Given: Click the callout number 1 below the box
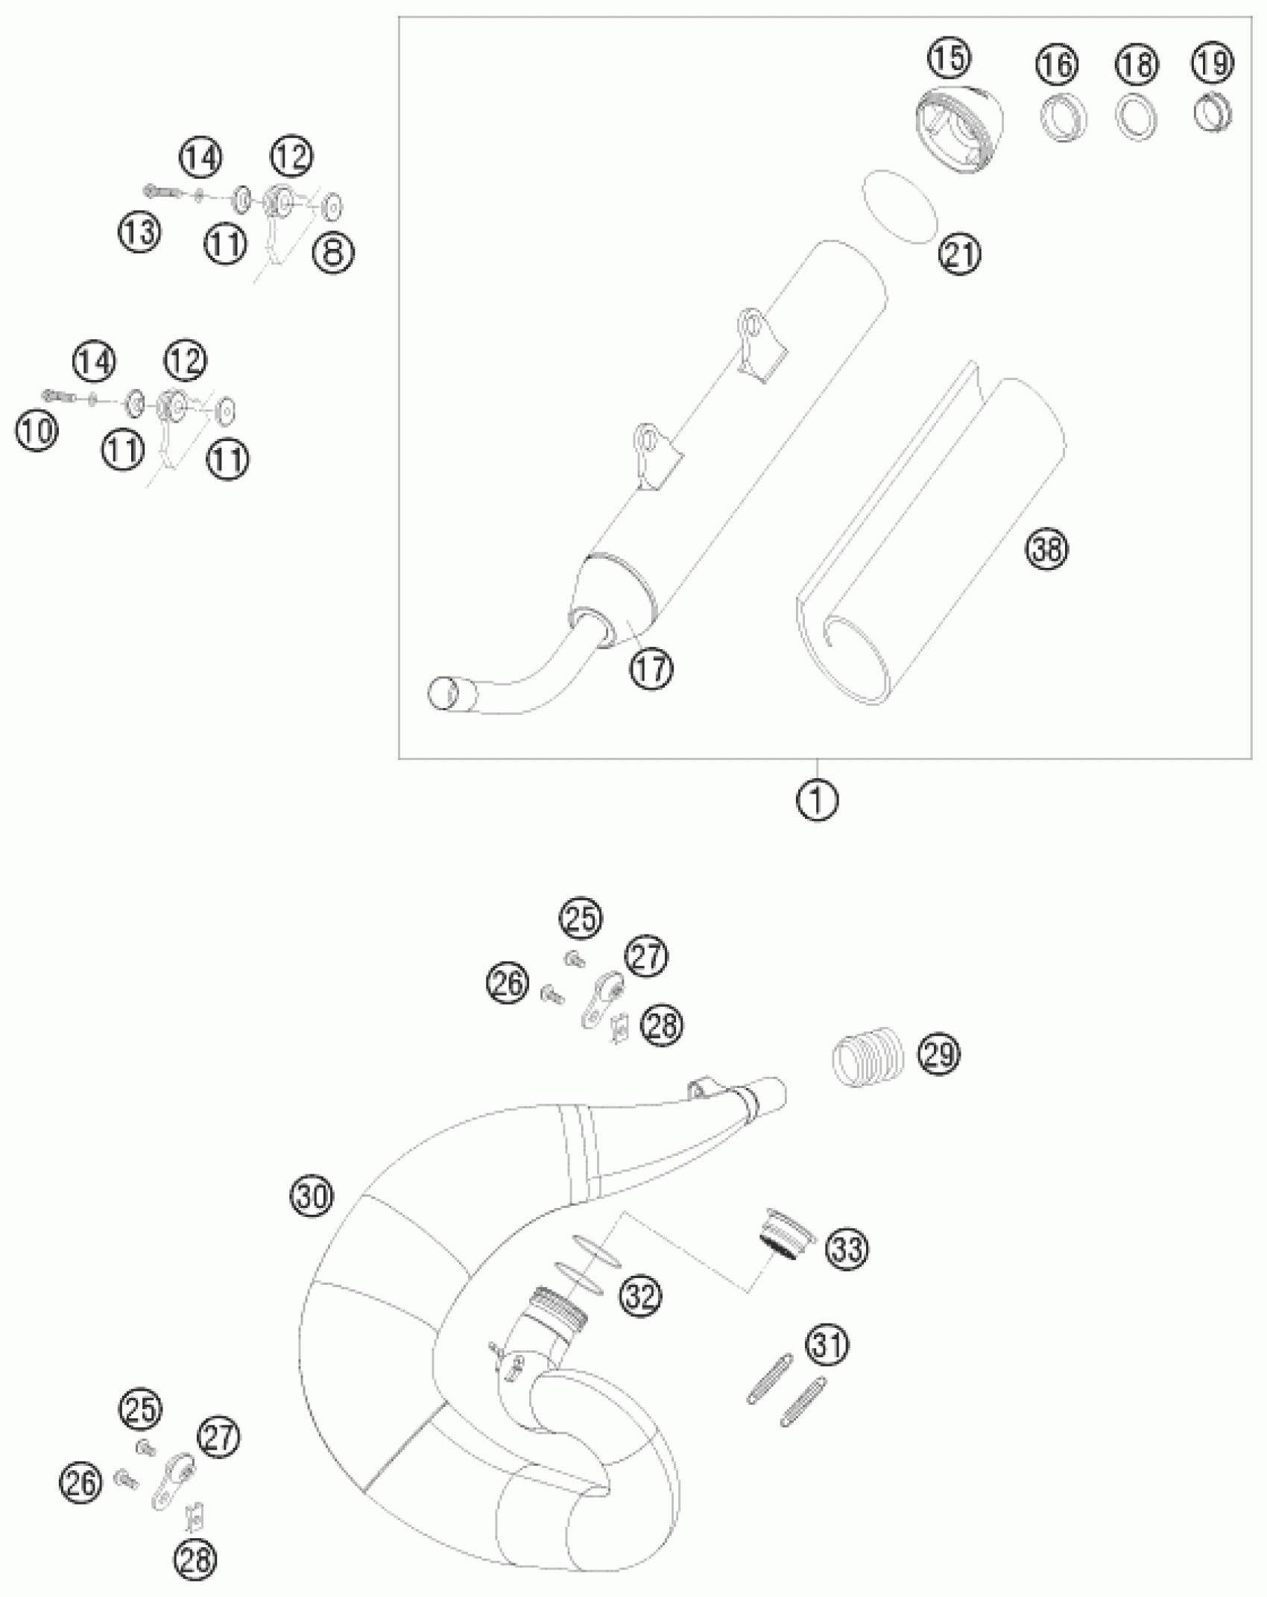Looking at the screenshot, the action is tap(818, 800).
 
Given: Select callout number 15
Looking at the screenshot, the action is tap(950, 58).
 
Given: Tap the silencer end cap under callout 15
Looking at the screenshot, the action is tap(958, 128).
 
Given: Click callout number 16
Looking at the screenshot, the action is tap(1058, 65).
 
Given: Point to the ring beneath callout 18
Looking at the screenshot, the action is tap(1137, 117).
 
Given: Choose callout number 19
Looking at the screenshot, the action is tap(1213, 63).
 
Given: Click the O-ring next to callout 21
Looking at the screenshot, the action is tap(898, 206).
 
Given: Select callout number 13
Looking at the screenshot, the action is tap(139, 233).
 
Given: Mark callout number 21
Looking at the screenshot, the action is tap(960, 255).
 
